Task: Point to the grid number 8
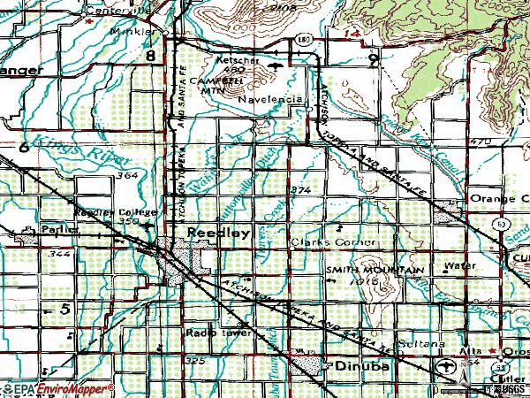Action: pos(152,56)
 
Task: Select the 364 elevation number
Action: pos(126,176)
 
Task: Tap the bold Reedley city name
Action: pos(214,229)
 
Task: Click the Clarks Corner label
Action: pos(334,241)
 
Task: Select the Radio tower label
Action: pos(208,333)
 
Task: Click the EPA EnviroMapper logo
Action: pos(57,388)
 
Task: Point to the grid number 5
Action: pos(64,309)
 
